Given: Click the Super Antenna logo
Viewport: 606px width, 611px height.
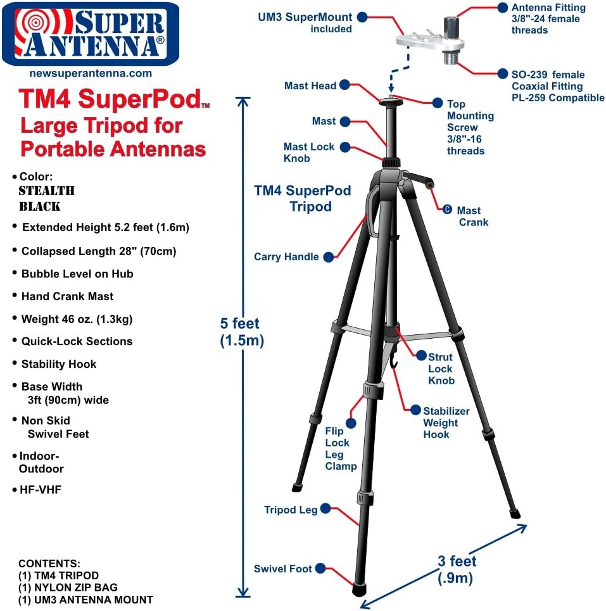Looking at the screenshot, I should pyautogui.click(x=89, y=34).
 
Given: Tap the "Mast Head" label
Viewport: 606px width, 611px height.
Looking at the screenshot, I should pyautogui.click(x=310, y=85).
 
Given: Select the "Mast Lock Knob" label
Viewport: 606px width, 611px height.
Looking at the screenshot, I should pyautogui.click(x=308, y=153).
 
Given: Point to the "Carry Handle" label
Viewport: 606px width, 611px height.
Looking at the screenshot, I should pyautogui.click(x=286, y=256).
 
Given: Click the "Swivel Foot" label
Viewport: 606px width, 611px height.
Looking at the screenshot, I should pyautogui.click(x=283, y=569).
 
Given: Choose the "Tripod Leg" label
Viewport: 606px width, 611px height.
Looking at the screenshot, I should pyautogui.click(x=291, y=509).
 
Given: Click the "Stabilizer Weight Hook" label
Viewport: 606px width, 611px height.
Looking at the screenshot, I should pyautogui.click(x=446, y=422).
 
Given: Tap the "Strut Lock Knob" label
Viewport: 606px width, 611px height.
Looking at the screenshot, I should pyautogui.click(x=441, y=368).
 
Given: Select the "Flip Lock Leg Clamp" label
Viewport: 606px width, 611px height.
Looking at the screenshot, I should pyautogui.click(x=341, y=448).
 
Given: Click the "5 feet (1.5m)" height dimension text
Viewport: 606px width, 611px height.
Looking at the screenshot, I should pyautogui.click(x=241, y=332).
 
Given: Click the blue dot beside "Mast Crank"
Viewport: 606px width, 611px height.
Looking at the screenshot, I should pyautogui.click(x=447, y=210).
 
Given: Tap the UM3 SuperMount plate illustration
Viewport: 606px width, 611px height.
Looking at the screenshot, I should pyautogui.click(x=431, y=42).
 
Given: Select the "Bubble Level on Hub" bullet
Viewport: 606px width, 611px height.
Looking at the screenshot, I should pyautogui.click(x=77, y=274).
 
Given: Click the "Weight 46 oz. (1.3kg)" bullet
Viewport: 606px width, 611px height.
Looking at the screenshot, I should pyautogui.click(x=77, y=318).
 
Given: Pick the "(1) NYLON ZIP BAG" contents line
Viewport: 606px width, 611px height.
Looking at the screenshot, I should pyautogui.click(x=68, y=588).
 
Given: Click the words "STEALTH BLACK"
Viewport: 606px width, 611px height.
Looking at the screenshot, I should pyautogui.click(x=46, y=198).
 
